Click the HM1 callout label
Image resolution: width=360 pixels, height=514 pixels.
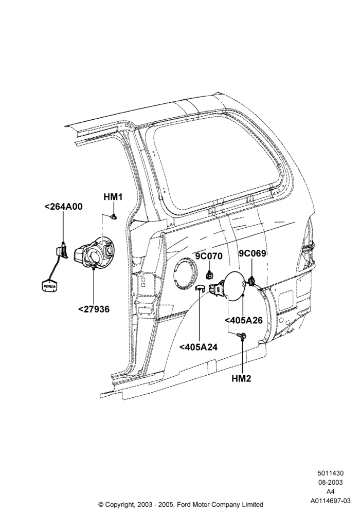(113, 197)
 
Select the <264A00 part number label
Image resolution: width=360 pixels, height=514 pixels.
(63, 207)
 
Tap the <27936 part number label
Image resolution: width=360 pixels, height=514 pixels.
(94, 309)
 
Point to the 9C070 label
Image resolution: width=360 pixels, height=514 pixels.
(209, 256)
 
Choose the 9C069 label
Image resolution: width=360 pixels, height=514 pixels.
(252, 253)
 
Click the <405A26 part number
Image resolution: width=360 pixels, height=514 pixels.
(244, 320)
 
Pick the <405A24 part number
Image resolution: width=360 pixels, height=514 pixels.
(199, 346)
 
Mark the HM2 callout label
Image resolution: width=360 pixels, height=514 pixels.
(241, 378)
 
